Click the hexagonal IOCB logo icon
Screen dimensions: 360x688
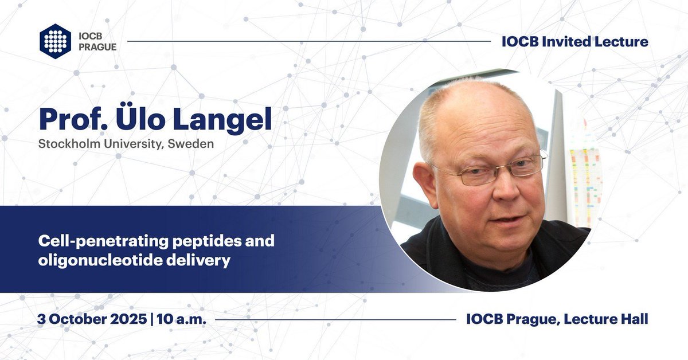click(x=55, y=41)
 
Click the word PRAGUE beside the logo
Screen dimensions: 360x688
click(x=97, y=46)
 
